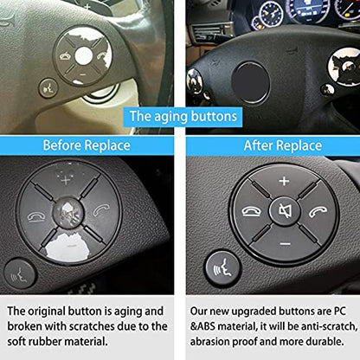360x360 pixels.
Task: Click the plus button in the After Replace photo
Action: pos(284,182)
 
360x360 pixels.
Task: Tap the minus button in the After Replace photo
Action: pos(284,244)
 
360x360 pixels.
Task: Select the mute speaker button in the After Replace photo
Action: pos(284,212)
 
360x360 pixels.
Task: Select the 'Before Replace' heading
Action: pos(87,145)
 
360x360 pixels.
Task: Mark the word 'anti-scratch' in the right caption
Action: pos(312,325)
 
